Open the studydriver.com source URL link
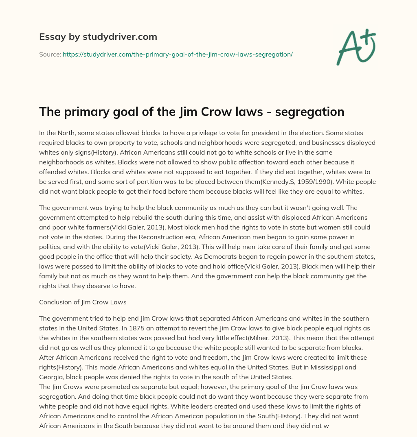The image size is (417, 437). [x=178, y=54]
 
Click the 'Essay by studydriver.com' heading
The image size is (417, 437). [x=98, y=37]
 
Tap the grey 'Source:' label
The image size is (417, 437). [x=50, y=54]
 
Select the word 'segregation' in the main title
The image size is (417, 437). [x=310, y=112]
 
